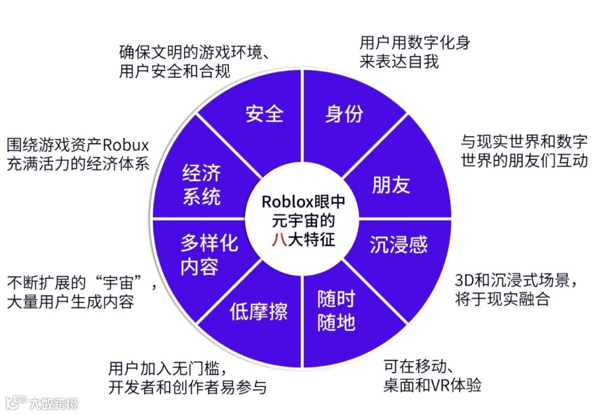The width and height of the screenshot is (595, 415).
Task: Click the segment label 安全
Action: point(264,114)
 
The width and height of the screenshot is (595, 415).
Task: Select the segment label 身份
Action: point(344,114)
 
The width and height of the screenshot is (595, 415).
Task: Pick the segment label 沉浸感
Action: point(399,244)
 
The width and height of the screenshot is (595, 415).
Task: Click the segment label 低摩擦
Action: point(258,311)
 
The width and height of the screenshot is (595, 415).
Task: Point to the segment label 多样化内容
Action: point(209,254)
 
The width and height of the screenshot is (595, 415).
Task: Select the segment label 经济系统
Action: point(201,184)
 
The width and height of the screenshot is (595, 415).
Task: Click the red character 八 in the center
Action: point(280,238)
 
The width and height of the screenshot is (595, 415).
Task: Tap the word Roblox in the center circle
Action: point(290,201)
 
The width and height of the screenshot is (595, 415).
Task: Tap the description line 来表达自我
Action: point(399,62)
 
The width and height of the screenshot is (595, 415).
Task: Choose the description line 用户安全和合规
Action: point(175,71)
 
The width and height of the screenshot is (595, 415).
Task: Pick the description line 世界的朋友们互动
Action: point(523,161)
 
